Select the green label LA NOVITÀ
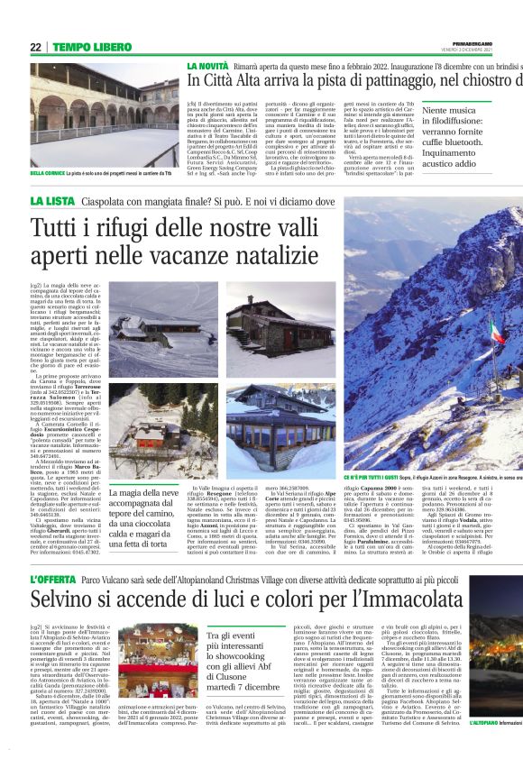pyautogui.click(x=207, y=67)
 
